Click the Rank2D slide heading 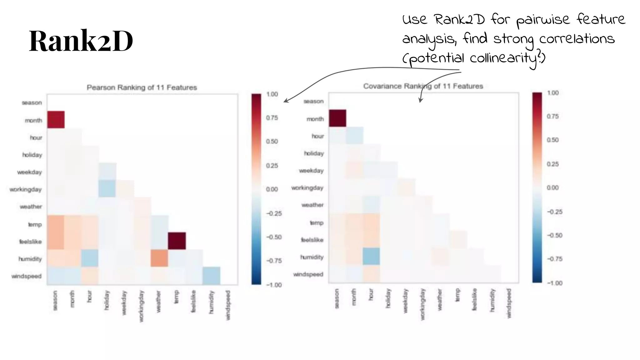[x=81, y=41]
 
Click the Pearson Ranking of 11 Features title [x=142, y=87]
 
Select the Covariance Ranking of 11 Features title [x=423, y=86]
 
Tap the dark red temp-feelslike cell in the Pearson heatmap [x=177, y=241]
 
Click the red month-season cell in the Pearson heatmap [x=56, y=119]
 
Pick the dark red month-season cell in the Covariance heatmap [x=337, y=118]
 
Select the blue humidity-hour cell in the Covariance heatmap [x=372, y=256]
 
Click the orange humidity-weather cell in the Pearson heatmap [x=159, y=258]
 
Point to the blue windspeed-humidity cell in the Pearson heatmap [x=211, y=275]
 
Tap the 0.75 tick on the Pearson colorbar [x=272, y=118]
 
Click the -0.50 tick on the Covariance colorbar [x=554, y=235]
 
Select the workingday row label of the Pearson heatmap [x=25, y=189]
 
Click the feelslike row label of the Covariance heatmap [x=312, y=240]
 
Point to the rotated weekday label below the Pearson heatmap [x=124, y=303]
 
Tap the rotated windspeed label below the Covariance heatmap [x=509, y=303]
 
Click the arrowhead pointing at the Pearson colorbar [x=285, y=101]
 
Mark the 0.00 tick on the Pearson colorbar [x=272, y=189]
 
